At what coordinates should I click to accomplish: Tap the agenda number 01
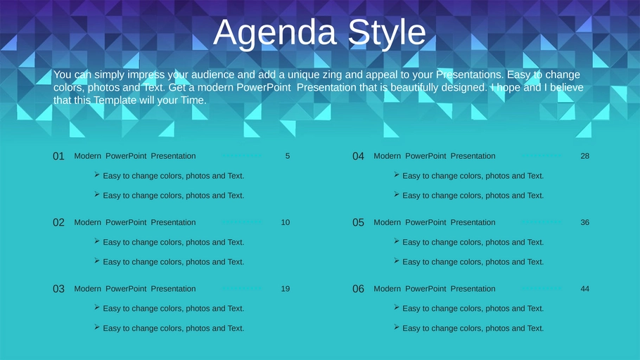[x=58, y=156]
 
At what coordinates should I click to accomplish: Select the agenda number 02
[x=58, y=222]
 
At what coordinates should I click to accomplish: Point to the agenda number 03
[x=58, y=289]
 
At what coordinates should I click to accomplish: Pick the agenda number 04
[x=358, y=156]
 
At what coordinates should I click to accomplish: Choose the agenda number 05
[x=358, y=222]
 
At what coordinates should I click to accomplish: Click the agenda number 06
[x=358, y=289]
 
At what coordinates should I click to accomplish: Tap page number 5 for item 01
[x=288, y=156]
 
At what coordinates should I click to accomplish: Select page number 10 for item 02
[x=286, y=222]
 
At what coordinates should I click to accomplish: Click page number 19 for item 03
[x=286, y=289]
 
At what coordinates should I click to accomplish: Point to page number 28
[x=585, y=156]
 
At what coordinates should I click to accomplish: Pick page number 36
[x=585, y=222]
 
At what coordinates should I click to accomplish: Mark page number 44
[x=585, y=289]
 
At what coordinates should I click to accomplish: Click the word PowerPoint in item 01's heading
[x=126, y=156]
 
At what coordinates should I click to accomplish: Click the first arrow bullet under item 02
[x=97, y=240]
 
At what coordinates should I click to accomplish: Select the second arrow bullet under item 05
[x=397, y=260]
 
